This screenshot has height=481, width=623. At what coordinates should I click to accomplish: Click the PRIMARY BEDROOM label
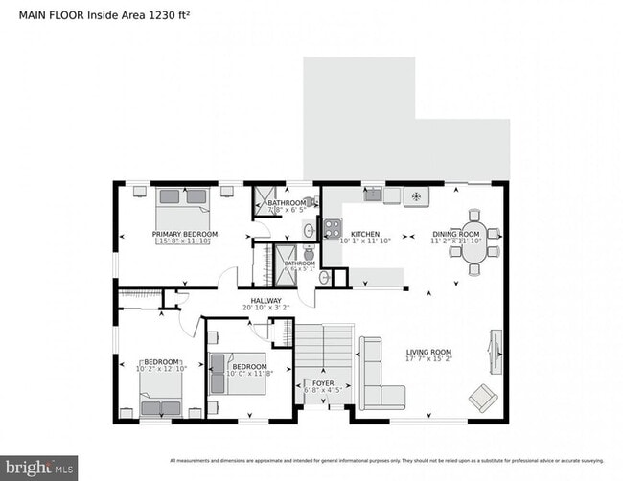point(184,234)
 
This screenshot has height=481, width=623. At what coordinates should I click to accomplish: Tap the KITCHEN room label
point(365,234)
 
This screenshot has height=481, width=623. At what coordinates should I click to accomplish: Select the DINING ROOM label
point(455,234)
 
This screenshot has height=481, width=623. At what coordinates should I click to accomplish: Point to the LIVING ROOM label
point(428,352)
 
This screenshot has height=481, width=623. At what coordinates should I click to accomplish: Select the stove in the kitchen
point(332,228)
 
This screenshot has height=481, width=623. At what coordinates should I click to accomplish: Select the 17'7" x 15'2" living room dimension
point(427,361)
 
